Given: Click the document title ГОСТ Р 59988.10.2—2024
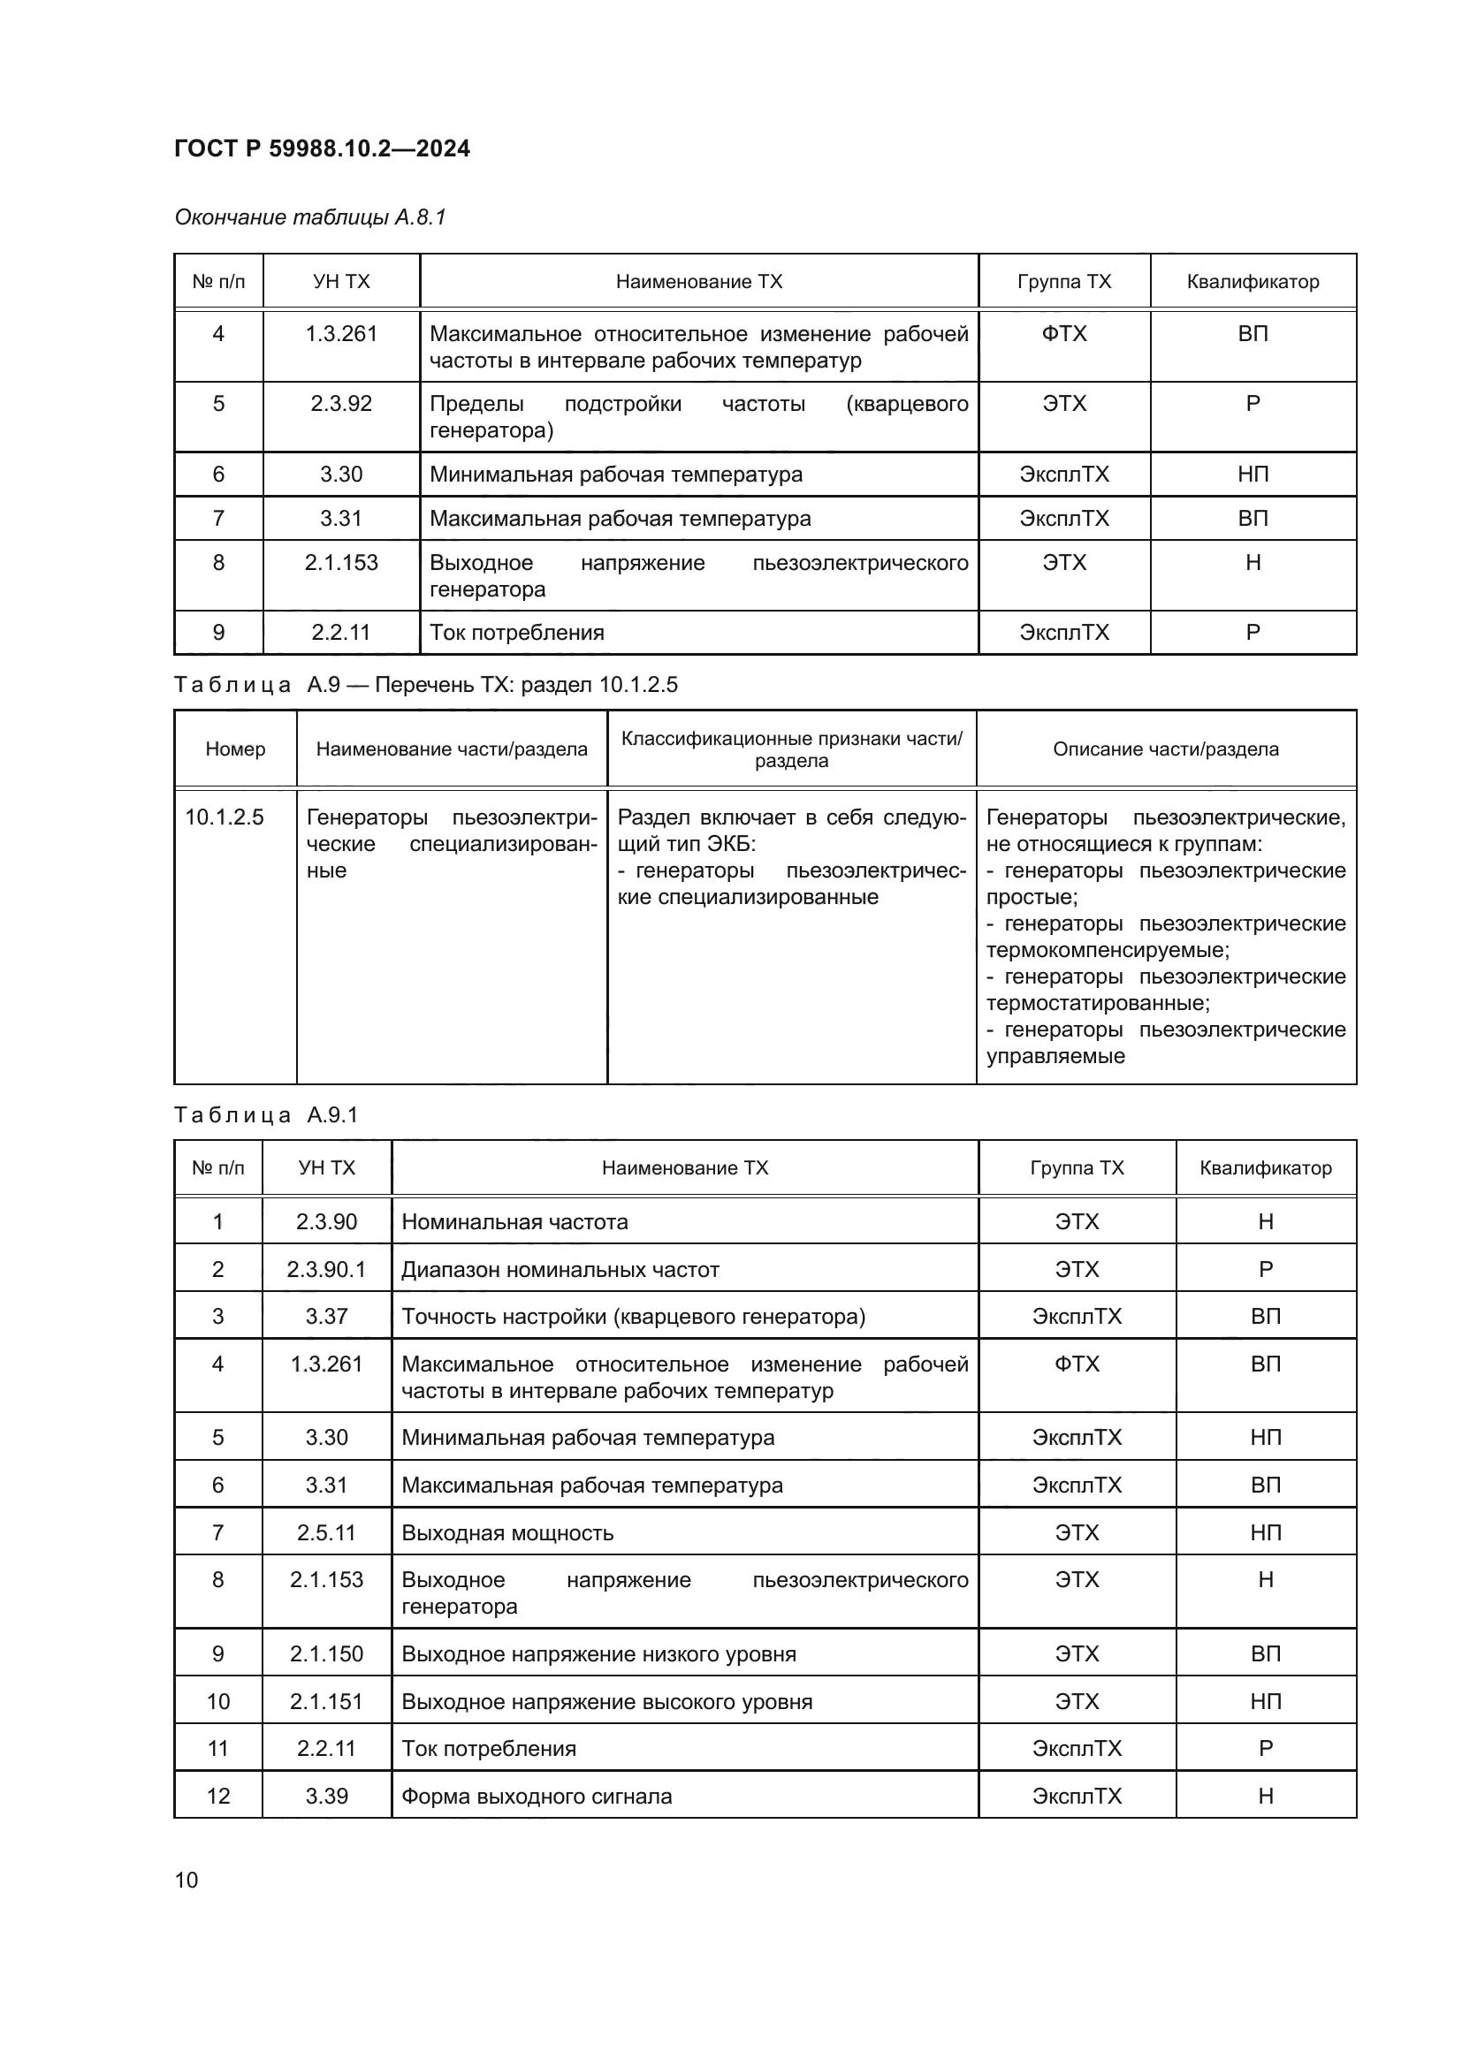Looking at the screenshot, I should pyautogui.click(x=322, y=148).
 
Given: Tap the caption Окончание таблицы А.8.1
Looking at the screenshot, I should pyautogui.click(x=310, y=217).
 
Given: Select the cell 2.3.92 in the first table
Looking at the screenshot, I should pyautogui.click(x=341, y=403).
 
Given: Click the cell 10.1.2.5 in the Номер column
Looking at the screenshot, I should pyautogui.click(x=225, y=817).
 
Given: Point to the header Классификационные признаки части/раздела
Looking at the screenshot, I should pyautogui.click(x=791, y=749).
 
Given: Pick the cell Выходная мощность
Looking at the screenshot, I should pyautogui.click(x=506, y=1533).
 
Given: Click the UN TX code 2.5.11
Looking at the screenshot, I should pyautogui.click(x=326, y=1533).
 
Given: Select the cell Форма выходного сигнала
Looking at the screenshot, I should pyautogui.click(x=537, y=1796).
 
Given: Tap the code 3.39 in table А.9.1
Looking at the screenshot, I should pyautogui.click(x=326, y=1796).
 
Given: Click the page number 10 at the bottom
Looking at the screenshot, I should pyautogui.click(x=187, y=1880).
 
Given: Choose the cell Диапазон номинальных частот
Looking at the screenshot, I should pyautogui.click(x=560, y=1269).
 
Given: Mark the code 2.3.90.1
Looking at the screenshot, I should pyautogui.click(x=326, y=1269).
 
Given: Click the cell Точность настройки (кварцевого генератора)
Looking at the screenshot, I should pyautogui.click(x=633, y=1316).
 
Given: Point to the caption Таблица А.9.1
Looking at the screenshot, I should pyautogui.click(x=265, y=1114).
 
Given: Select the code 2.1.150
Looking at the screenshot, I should pyautogui.click(x=326, y=1653).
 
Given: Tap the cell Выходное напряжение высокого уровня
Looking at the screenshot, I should pyautogui.click(x=606, y=1701).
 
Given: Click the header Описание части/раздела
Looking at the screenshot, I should pyautogui.click(x=1165, y=749).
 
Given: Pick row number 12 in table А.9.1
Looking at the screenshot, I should pyautogui.click(x=217, y=1796).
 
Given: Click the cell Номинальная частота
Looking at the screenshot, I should pyautogui.click(x=514, y=1221).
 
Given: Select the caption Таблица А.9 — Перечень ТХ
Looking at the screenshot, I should pyautogui.click(x=425, y=684).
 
